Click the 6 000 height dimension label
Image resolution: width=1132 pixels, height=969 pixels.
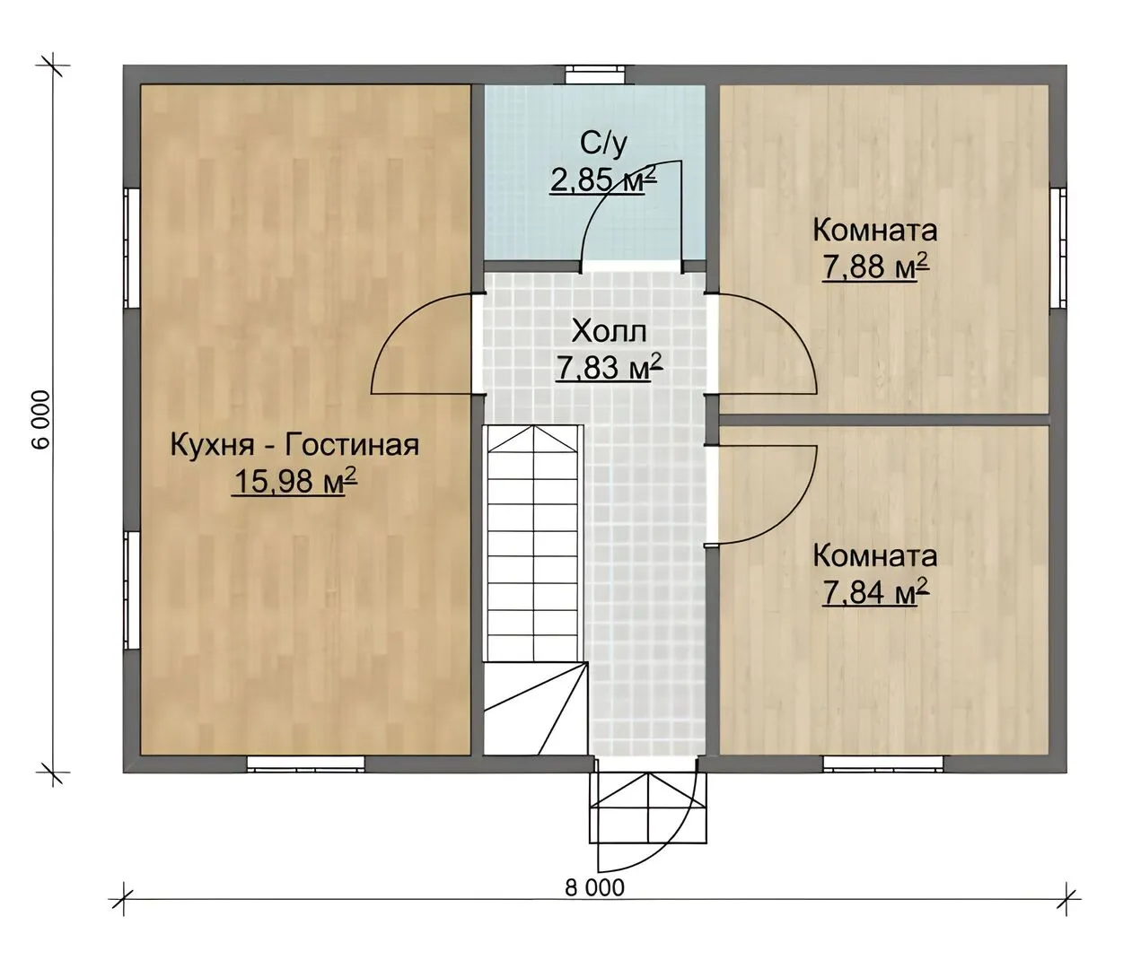tap(43, 420)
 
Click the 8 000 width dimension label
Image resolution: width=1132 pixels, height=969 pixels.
tap(594, 888)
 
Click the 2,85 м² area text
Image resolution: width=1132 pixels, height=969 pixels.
tap(603, 179)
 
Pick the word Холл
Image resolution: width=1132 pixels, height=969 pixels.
tap(609, 332)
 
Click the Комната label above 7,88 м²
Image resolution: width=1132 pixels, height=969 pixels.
tap(874, 231)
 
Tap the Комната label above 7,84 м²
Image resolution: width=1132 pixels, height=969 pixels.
tap(874, 556)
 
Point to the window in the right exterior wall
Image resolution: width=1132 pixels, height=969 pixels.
tap(1058, 248)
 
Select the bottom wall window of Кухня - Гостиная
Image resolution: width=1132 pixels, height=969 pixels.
tap(305, 764)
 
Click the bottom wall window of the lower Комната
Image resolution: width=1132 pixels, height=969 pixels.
tap(883, 764)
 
